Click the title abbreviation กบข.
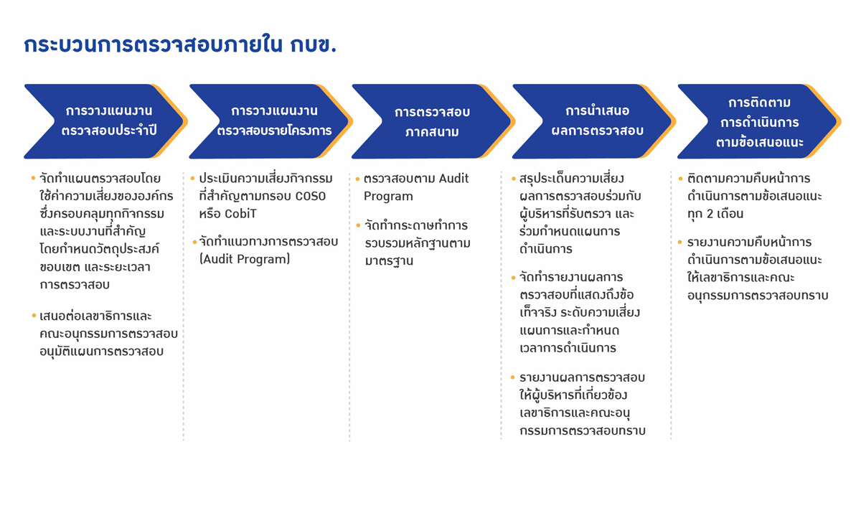(314, 45)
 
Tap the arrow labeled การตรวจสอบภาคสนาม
(433, 121)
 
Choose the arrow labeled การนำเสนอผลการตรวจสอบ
(594, 121)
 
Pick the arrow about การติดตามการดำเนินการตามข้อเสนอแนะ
(759, 121)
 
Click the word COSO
(311, 197)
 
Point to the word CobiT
(240, 214)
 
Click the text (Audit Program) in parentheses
(245, 260)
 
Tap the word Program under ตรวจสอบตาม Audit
(388, 197)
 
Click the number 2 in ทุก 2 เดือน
(710, 214)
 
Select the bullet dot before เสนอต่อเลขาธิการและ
(34, 316)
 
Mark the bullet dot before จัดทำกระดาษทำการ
(358, 225)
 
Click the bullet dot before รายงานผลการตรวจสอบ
(512, 377)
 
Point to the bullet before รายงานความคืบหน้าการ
(679, 242)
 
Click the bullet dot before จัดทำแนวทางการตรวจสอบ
(194, 242)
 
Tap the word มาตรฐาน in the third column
(389, 261)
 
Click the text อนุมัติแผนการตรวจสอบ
(101, 352)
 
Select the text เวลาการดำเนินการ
(568, 348)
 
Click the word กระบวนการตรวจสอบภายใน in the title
(153, 45)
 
